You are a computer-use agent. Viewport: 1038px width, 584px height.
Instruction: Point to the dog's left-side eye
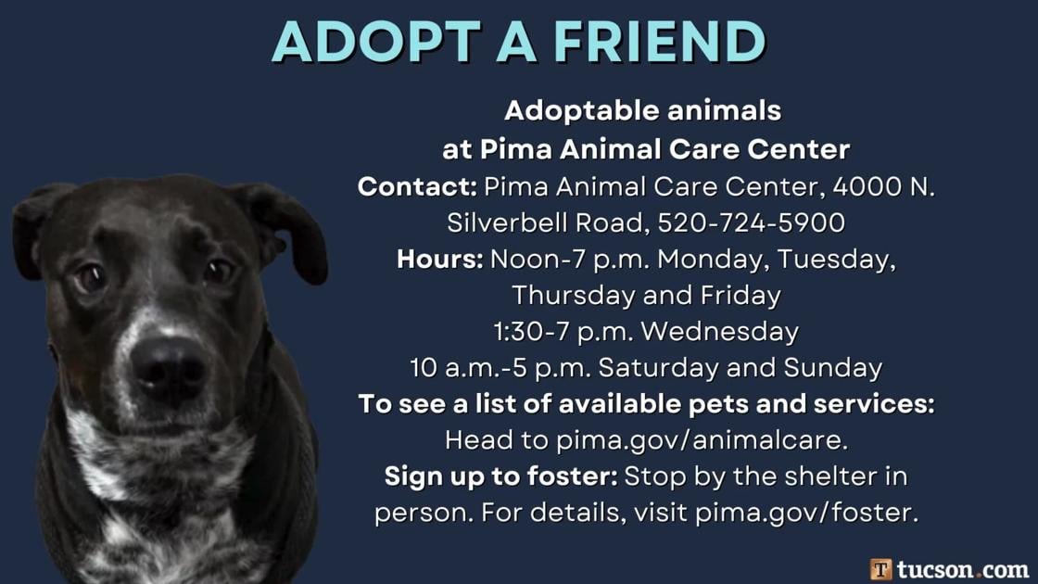tap(90, 275)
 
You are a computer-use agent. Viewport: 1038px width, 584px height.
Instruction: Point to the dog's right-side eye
tap(220, 272)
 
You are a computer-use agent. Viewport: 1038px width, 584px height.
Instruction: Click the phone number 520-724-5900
tap(751, 222)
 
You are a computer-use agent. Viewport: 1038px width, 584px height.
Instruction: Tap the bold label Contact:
tap(417, 186)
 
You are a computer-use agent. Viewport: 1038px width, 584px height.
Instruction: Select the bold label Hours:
tap(440, 259)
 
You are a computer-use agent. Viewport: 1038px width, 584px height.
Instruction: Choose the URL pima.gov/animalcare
tap(702, 439)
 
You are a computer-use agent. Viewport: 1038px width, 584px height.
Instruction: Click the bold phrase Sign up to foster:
tap(500, 476)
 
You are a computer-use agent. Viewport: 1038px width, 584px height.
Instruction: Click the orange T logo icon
tap(881, 568)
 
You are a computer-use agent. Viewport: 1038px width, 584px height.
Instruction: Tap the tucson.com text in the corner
tap(963, 568)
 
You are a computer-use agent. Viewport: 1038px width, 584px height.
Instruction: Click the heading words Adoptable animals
tap(643, 111)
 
